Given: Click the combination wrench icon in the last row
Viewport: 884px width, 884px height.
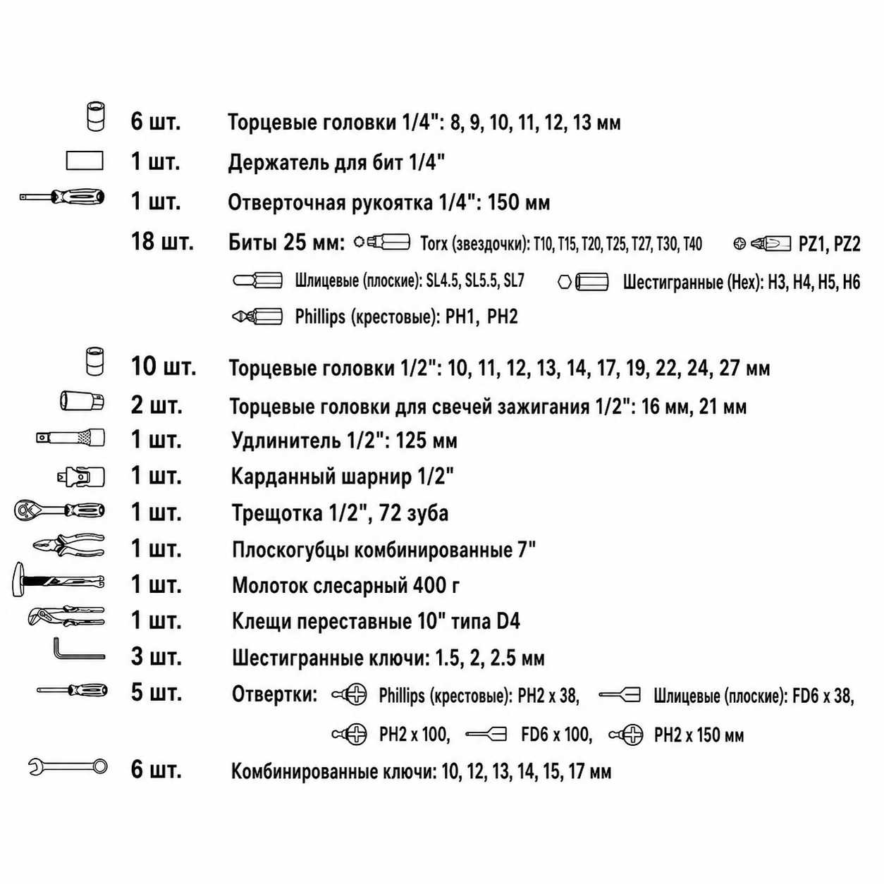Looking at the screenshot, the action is (x=68, y=766).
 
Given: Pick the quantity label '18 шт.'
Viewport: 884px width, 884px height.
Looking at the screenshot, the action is (x=162, y=241).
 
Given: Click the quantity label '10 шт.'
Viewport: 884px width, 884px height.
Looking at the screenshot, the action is (x=164, y=367).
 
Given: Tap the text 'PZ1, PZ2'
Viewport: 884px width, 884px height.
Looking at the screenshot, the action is (x=830, y=244).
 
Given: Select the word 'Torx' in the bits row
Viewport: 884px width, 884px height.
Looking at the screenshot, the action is (x=434, y=244).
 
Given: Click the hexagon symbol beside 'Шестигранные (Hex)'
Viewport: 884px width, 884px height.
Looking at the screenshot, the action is (x=565, y=282).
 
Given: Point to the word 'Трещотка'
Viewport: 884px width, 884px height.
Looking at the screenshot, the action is (x=278, y=513).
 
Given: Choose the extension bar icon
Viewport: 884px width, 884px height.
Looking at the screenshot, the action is (x=70, y=438).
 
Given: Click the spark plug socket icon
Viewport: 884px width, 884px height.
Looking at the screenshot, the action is (x=82, y=401).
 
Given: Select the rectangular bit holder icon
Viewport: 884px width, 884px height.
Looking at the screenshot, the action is (x=85, y=161).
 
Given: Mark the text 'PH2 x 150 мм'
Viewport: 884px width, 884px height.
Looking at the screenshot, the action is (x=699, y=735).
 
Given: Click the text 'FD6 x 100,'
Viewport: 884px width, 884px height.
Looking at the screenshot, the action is (x=556, y=735).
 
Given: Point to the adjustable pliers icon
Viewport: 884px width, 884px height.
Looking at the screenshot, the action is (x=66, y=615).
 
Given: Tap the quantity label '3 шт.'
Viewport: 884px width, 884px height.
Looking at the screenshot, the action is (x=156, y=656).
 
